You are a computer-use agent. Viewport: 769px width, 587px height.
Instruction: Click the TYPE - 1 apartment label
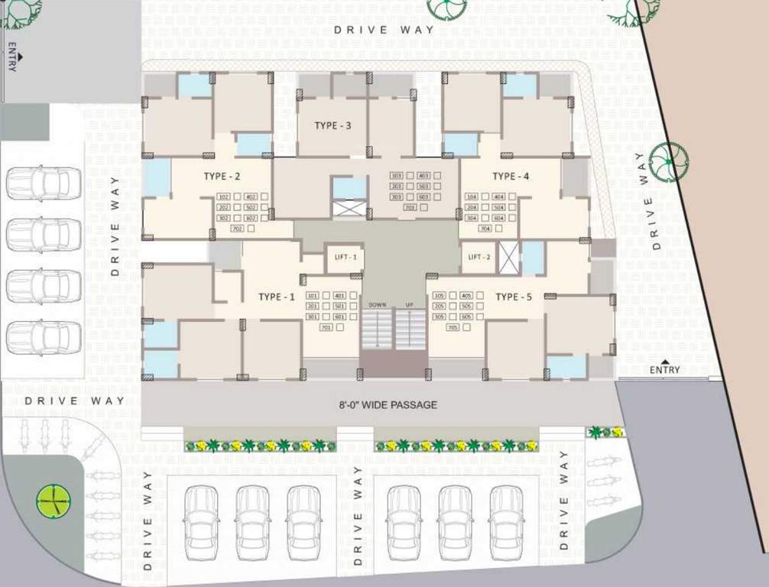[276, 297]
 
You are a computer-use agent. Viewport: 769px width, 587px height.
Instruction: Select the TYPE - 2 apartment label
[222, 177]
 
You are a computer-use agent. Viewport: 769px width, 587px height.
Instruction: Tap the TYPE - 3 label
[333, 125]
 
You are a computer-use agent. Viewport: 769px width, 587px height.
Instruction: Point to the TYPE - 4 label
[511, 177]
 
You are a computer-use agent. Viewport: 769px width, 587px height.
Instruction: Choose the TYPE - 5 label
[513, 297]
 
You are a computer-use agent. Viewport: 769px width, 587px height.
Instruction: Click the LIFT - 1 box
[345, 258]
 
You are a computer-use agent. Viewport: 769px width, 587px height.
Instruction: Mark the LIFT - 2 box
[479, 258]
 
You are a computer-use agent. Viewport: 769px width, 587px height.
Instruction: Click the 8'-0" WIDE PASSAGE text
[388, 404]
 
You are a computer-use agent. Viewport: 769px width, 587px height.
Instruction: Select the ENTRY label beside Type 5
[664, 370]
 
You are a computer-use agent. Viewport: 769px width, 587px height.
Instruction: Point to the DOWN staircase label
[377, 305]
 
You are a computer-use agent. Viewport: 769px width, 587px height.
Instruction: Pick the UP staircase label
[409, 305]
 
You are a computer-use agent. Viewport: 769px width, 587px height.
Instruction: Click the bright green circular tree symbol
[54, 501]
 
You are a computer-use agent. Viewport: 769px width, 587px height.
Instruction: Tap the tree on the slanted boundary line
[669, 161]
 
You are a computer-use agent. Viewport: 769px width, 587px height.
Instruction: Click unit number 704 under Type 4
[485, 229]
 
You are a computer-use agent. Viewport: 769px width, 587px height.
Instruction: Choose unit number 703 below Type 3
[409, 208]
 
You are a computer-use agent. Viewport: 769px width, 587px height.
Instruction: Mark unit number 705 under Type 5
[453, 328]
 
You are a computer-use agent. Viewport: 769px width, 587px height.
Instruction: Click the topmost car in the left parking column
[44, 184]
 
